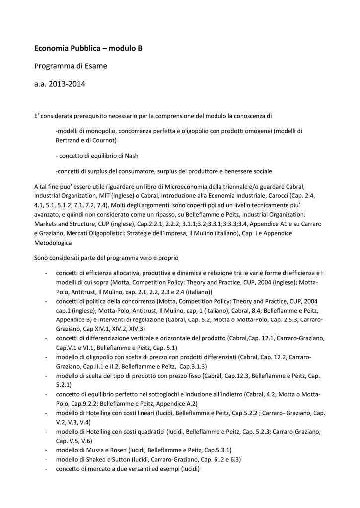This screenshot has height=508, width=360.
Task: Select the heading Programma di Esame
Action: [71, 66]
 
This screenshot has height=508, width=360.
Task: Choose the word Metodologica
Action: [53, 243]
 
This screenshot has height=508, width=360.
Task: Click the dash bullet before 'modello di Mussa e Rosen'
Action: [46, 450]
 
